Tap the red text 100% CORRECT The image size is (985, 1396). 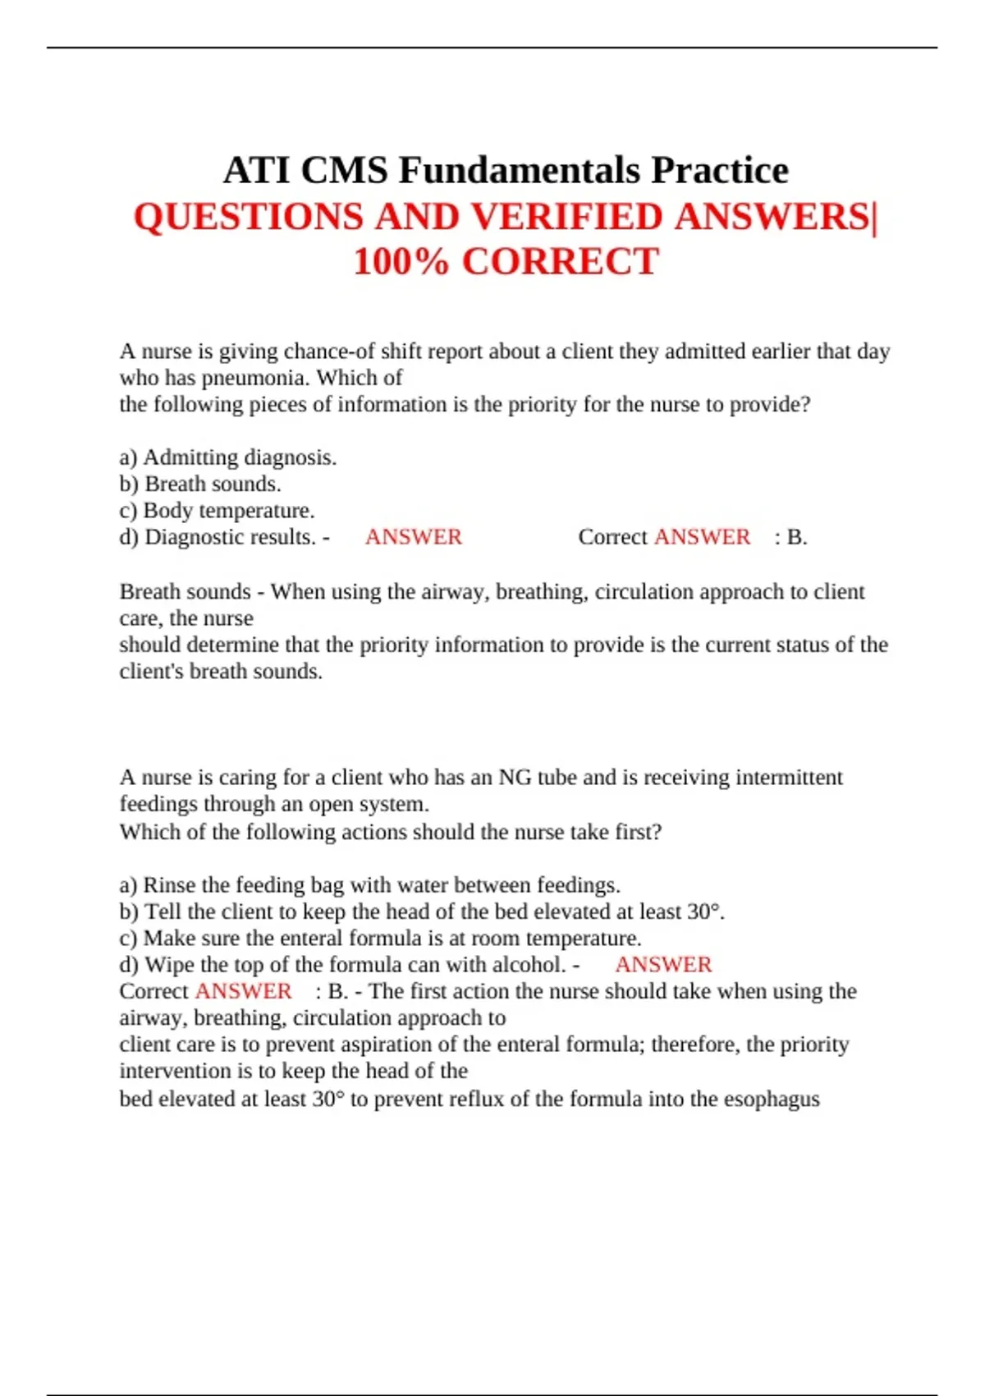click(x=506, y=262)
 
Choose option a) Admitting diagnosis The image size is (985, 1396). click(x=228, y=457)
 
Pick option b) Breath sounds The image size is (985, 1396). click(x=200, y=484)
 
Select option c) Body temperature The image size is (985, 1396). click(x=217, y=511)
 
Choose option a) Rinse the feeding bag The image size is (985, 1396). click(x=369, y=885)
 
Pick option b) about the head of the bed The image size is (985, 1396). click(x=422, y=912)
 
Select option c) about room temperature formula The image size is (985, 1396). click(x=380, y=939)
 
